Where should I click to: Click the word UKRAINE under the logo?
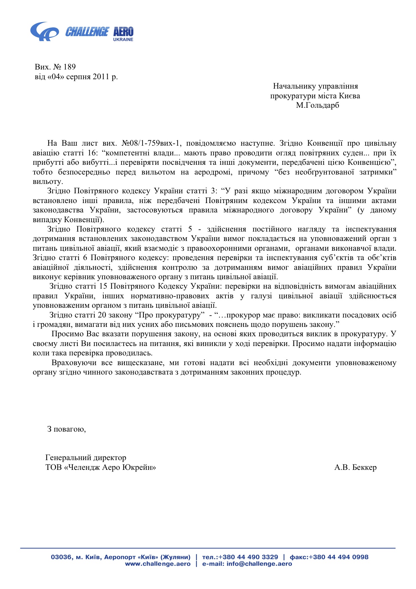click(x=123, y=40)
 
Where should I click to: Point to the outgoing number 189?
click(x=69, y=67)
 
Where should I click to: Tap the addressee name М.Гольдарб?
click(x=317, y=105)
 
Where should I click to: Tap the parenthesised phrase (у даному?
click(x=377, y=210)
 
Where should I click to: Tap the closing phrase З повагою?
click(x=66, y=429)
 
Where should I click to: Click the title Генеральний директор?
click(x=86, y=458)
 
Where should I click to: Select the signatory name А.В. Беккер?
click(x=355, y=468)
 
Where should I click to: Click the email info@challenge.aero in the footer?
click(x=259, y=564)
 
